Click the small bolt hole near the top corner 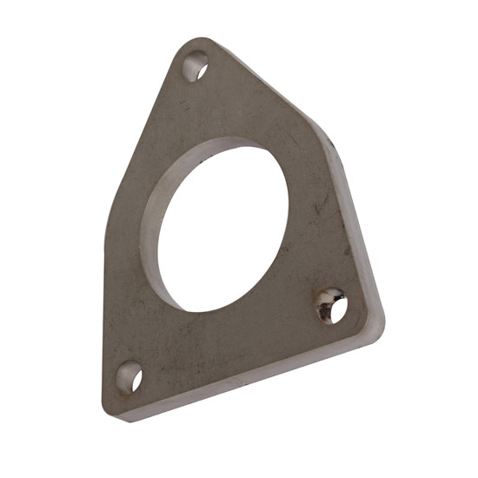click(x=196, y=65)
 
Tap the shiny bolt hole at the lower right click(x=331, y=306)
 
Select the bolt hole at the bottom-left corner click(x=131, y=378)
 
